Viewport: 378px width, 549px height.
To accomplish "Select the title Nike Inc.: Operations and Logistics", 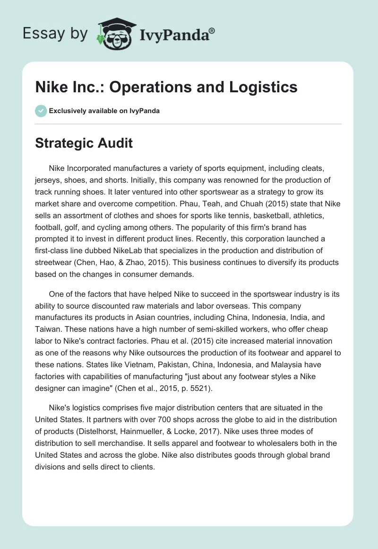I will (166, 87).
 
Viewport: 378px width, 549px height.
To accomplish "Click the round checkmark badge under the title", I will (41, 110).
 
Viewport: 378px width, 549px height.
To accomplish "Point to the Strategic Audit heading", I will (84, 143).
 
